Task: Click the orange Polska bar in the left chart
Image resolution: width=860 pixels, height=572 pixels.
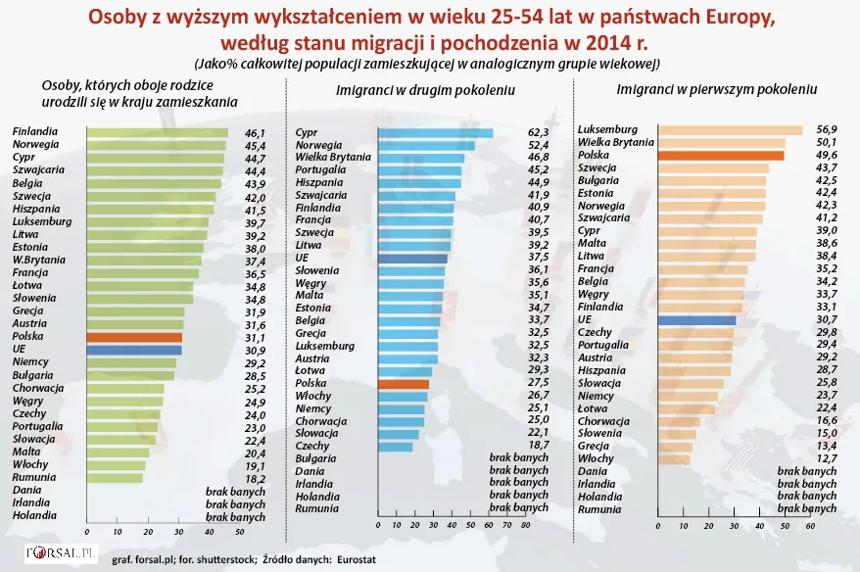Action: pos(134,337)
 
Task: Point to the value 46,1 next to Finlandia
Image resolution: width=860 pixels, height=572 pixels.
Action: pos(255,133)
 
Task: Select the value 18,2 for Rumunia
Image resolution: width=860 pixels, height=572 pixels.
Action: pos(255,478)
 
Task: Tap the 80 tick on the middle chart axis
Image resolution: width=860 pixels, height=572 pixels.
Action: pos(526,526)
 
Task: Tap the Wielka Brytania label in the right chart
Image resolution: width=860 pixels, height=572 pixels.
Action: pos(616,143)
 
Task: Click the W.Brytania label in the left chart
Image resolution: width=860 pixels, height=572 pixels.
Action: pos(39,261)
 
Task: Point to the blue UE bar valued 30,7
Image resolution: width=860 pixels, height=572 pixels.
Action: pos(696,319)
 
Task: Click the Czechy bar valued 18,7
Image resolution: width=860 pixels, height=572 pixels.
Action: pos(395,447)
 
